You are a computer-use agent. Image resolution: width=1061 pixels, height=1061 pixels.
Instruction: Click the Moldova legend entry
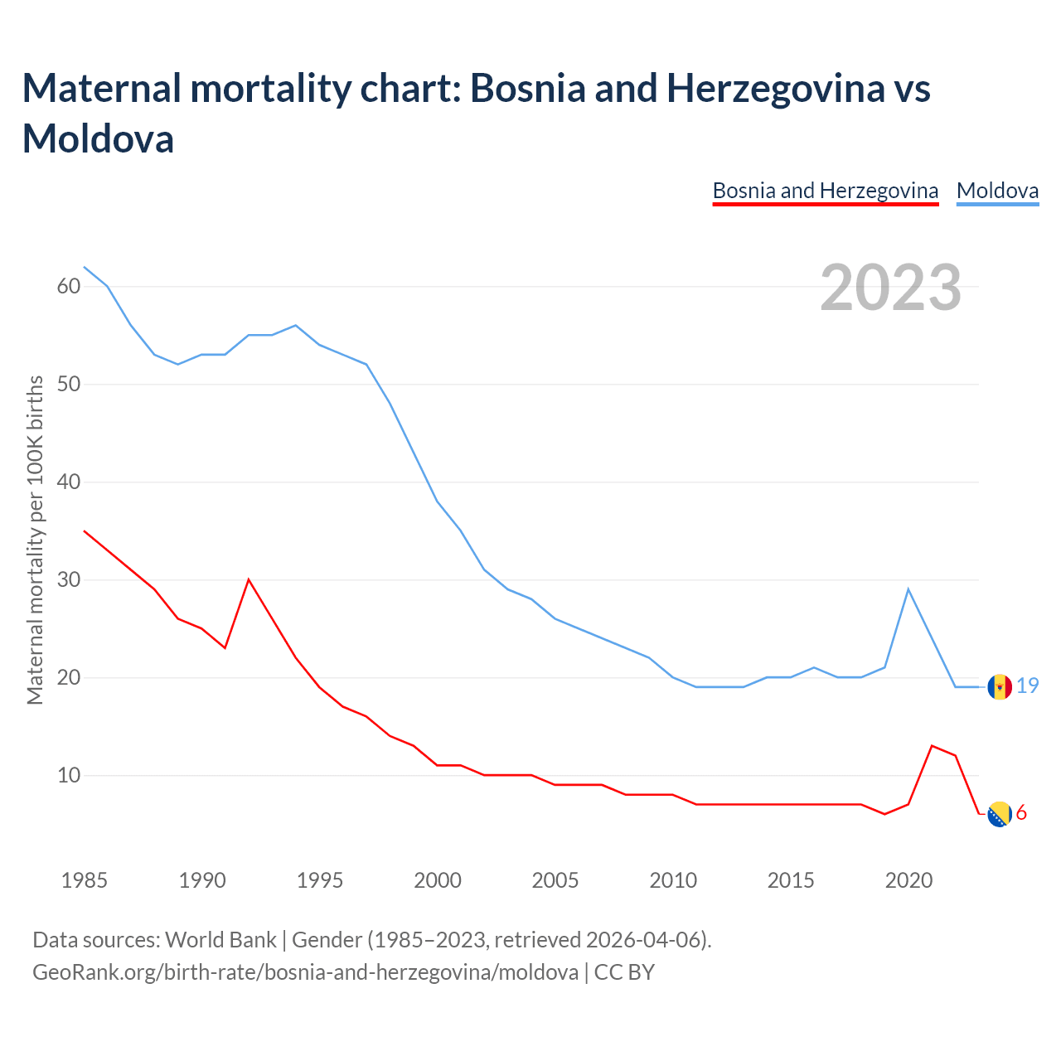pyautogui.click(x=997, y=191)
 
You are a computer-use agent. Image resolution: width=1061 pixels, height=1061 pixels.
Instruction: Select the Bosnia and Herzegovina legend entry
pyautogui.click(x=825, y=191)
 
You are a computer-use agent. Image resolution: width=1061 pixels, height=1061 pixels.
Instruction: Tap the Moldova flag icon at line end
pyautogui.click(x=1000, y=687)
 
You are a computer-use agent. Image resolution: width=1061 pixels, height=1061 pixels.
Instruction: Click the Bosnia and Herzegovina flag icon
pyautogui.click(x=1000, y=815)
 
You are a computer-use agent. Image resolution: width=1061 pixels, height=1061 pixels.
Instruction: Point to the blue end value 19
pyautogui.click(x=1028, y=686)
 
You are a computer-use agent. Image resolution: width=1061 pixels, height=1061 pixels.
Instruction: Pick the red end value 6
pyautogui.click(x=1021, y=813)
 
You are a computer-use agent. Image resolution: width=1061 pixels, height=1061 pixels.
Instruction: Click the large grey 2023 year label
pyautogui.click(x=891, y=288)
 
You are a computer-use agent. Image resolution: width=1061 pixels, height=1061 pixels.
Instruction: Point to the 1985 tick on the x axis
pyautogui.click(x=85, y=880)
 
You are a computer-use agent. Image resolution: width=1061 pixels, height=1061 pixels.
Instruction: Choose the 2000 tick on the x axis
pyautogui.click(x=438, y=880)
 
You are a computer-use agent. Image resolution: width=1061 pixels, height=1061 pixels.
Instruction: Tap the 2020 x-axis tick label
pyautogui.click(x=909, y=880)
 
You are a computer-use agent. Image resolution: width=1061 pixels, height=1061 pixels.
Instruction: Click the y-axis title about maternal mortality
pyautogui.click(x=35, y=540)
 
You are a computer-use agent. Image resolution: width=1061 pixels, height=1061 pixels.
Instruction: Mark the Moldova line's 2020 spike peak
pyautogui.click(x=908, y=589)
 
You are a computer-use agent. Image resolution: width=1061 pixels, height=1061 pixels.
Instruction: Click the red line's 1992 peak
pyautogui.click(x=249, y=579)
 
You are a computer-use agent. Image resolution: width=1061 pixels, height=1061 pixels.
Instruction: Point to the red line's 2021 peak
pyautogui.click(x=933, y=746)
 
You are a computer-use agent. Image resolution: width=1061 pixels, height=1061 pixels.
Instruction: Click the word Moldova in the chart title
pyautogui.click(x=98, y=138)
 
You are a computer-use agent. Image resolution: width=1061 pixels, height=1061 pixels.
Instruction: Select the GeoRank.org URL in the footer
pyautogui.click(x=305, y=971)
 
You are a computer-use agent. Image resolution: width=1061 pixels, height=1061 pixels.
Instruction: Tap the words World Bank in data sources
pyautogui.click(x=220, y=940)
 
